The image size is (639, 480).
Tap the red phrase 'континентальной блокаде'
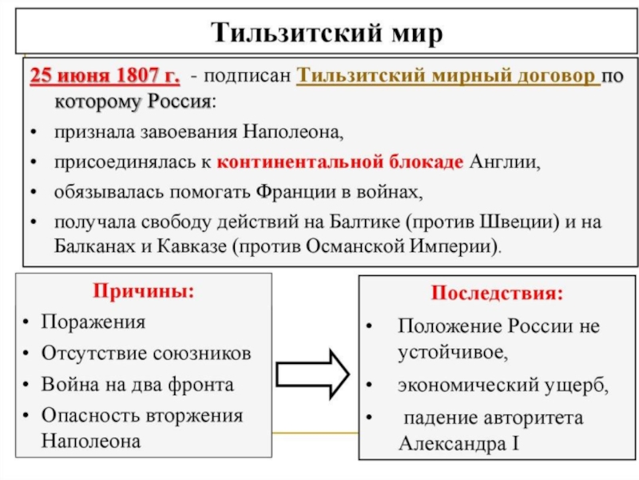click(339, 162)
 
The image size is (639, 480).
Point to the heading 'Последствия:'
click(498, 293)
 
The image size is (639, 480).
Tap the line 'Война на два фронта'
click(137, 384)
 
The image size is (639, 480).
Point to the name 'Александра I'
click(458, 442)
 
